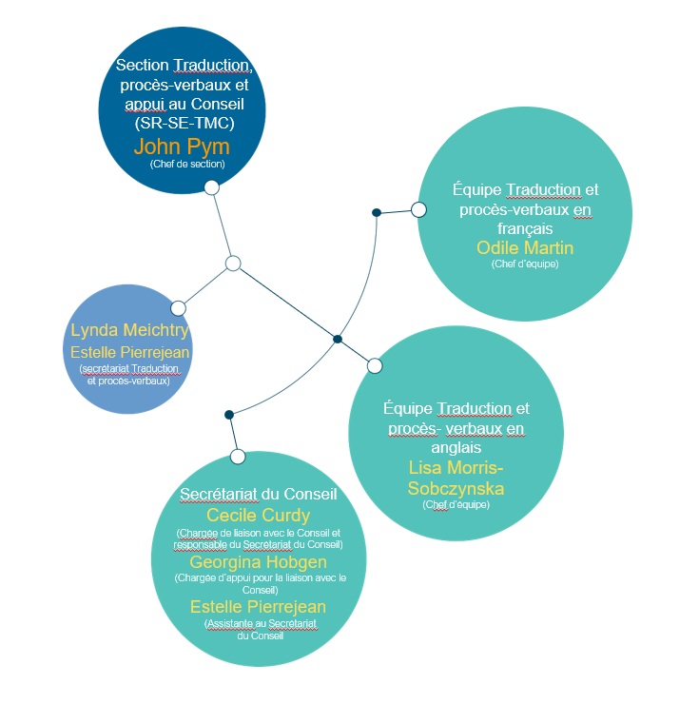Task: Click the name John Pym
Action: tap(182, 147)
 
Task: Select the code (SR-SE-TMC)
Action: tap(184, 123)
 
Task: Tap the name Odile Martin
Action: tap(525, 248)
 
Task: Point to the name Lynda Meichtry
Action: tap(129, 330)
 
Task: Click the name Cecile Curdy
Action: tap(258, 516)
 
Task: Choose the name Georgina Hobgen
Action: tap(258, 562)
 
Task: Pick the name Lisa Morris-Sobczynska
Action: tap(456, 478)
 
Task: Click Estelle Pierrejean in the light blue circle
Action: tap(129, 352)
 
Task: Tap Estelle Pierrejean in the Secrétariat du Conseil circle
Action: tap(258, 607)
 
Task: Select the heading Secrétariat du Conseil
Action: tap(258, 494)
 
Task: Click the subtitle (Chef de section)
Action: tap(187, 164)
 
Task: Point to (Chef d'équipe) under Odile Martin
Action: tap(525, 264)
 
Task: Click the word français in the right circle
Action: tap(525, 229)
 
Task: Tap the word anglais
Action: tap(456, 448)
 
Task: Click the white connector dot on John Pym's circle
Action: tap(212, 187)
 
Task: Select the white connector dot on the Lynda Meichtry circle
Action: tap(178, 308)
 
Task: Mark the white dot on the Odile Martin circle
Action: tap(418, 209)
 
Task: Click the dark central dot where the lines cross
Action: tap(338, 339)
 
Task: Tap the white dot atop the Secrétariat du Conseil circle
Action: tap(238, 457)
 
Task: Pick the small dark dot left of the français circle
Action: tap(377, 212)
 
